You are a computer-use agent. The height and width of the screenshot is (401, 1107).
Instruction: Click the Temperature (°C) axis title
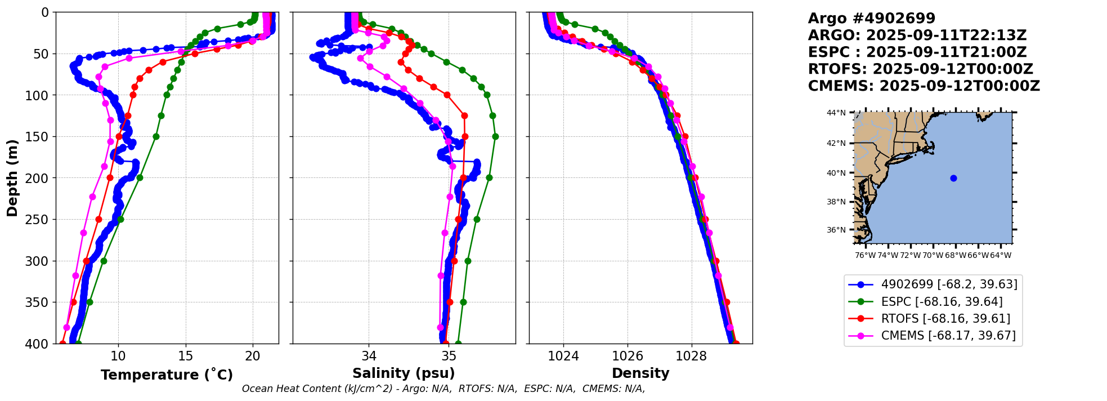click(167, 375)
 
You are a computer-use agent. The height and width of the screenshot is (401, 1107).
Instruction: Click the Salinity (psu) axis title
click(404, 373)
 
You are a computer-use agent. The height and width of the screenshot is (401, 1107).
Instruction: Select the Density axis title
click(640, 373)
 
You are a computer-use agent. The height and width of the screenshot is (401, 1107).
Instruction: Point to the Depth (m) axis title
click(12, 177)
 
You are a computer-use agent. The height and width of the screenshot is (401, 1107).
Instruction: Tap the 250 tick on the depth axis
click(41, 220)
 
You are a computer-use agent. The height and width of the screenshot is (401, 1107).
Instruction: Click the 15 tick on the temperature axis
click(186, 357)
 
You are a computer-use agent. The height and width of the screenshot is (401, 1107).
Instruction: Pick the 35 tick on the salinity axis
click(449, 357)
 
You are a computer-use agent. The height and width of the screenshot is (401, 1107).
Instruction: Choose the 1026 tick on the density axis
click(628, 357)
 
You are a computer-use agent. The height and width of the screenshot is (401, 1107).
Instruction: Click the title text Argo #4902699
click(871, 19)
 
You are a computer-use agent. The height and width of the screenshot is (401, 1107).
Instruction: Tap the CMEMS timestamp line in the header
click(924, 86)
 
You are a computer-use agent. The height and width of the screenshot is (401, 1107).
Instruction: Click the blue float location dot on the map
click(953, 178)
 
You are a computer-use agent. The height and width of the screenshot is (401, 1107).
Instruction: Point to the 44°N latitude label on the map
click(836, 113)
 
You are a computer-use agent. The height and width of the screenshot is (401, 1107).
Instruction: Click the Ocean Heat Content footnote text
click(443, 389)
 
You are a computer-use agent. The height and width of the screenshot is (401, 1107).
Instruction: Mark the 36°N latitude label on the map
click(836, 230)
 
